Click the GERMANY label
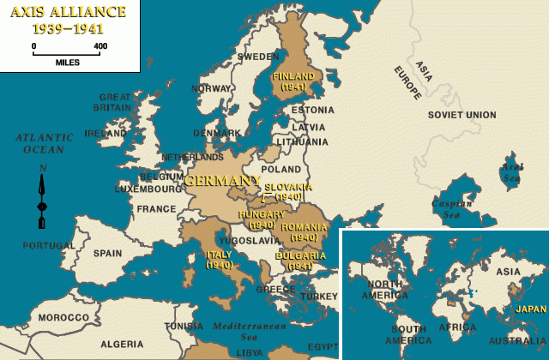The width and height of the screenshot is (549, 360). click(x=221, y=180)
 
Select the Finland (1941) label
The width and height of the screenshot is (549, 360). click(x=293, y=81)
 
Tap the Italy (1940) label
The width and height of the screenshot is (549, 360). click(x=220, y=260)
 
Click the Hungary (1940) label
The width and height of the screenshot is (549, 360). click(x=261, y=219)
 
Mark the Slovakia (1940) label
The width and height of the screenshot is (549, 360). click(x=288, y=191)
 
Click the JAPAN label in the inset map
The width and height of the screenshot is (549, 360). click(x=530, y=309)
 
